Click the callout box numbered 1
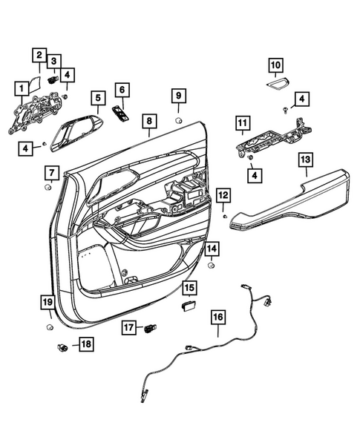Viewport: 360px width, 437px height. [20, 89]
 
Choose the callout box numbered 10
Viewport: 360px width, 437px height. [275, 65]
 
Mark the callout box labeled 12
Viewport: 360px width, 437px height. [223, 194]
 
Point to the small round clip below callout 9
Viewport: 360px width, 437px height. [179, 120]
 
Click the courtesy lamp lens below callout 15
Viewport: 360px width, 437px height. [187, 303]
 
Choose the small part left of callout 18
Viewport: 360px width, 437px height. [62, 346]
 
